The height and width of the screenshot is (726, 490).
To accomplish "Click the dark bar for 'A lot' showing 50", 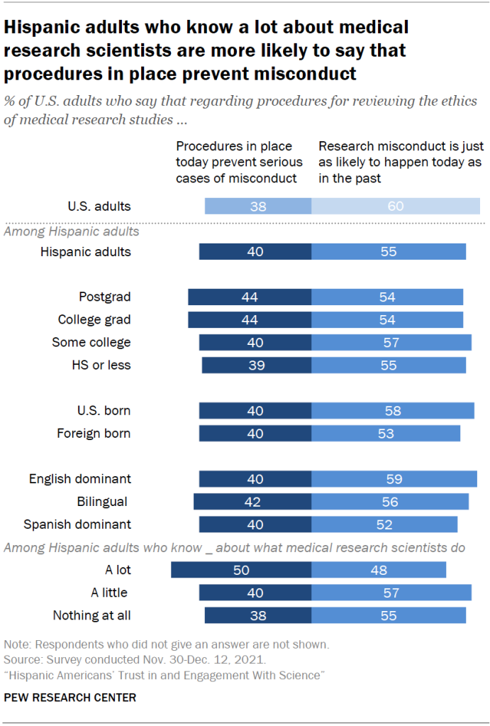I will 241,570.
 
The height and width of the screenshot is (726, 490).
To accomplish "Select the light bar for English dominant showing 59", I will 394,479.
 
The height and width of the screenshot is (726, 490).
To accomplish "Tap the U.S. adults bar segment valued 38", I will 258,207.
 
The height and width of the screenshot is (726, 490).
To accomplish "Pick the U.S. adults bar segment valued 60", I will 395,207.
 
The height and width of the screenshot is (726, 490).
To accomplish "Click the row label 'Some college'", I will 91,343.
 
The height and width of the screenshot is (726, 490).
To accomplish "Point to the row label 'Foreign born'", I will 94,434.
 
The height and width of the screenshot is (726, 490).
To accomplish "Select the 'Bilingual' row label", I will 102,502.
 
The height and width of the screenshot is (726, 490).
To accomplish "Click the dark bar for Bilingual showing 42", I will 252,502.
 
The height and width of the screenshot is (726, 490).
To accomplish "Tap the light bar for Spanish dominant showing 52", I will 384,524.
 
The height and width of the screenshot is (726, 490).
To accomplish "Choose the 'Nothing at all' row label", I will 91,615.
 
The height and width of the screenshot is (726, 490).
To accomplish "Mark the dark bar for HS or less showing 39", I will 257,365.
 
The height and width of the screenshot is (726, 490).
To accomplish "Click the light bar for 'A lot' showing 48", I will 379,570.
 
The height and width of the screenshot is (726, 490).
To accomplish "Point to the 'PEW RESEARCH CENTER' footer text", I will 69,698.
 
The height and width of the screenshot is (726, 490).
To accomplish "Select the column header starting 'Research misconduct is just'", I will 401,163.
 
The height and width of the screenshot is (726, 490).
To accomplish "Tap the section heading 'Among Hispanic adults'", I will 72,231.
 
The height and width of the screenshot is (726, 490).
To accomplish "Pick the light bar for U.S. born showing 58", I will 393,411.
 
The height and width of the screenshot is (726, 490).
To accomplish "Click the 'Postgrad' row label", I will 105,297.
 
